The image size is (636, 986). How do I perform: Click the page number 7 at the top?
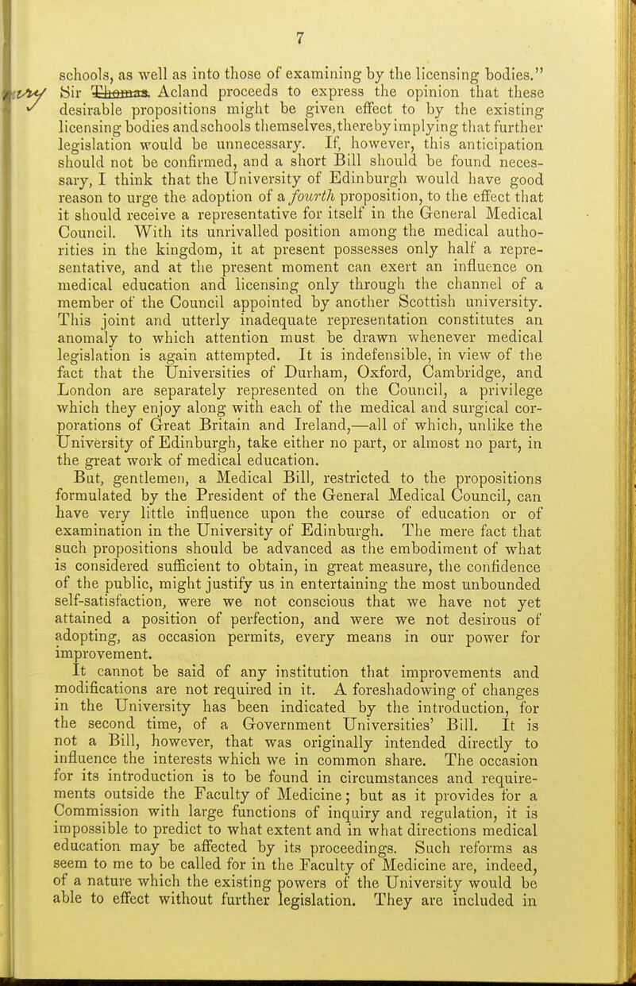coord(318,13)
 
